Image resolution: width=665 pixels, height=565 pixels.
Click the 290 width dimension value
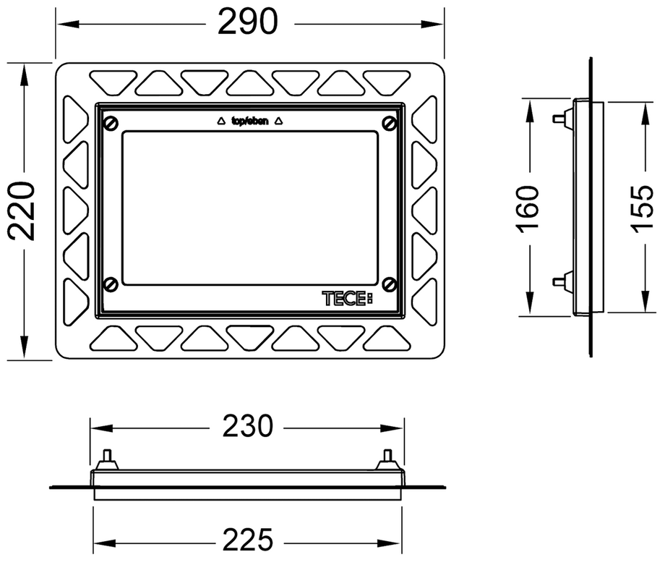[x=248, y=22]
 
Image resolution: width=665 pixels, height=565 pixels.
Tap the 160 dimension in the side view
[x=527, y=209]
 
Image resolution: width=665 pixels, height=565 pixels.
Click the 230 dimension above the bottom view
[x=248, y=426]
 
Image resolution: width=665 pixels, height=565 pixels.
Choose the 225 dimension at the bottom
[x=248, y=540]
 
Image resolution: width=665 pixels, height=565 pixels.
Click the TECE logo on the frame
[x=348, y=298]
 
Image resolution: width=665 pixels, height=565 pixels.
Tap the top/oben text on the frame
[x=249, y=122]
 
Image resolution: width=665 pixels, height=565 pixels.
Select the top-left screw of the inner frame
[x=111, y=124]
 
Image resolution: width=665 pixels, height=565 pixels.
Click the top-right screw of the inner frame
[x=390, y=124]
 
